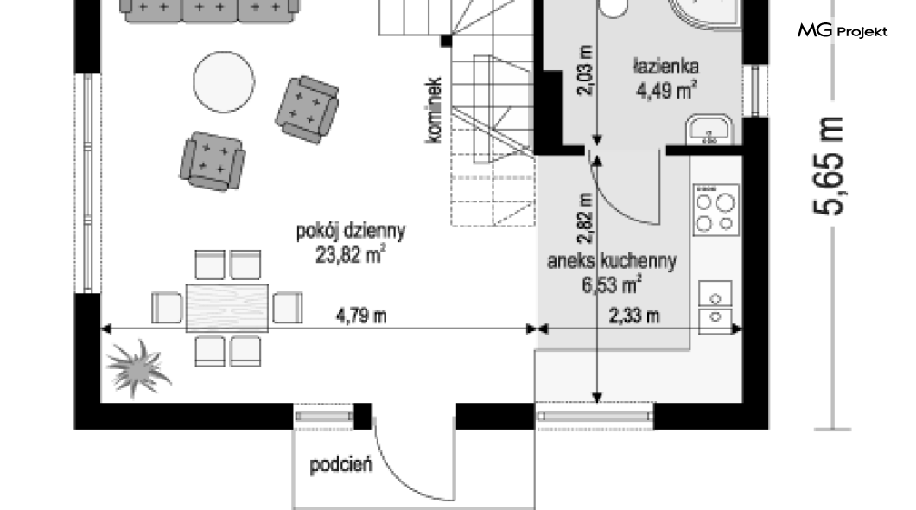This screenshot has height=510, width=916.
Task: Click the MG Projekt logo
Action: pos(843,30)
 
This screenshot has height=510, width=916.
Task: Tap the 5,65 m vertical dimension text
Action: pos(829,166)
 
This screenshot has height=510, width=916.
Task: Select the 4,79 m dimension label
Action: pos(361,316)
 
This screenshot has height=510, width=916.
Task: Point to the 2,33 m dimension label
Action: pos(634,316)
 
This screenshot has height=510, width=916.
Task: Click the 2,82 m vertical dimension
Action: pos(585,218)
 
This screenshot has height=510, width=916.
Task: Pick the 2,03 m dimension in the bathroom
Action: pos(585,70)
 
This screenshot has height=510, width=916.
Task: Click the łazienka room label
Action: pos(665,66)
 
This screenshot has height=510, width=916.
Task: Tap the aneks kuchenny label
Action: pos(612,260)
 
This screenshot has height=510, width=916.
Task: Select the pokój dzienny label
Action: pos(351,231)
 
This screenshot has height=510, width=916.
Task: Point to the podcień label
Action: pos(340,465)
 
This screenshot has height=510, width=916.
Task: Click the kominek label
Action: pos(434,111)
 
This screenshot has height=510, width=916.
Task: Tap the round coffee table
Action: pos(224,82)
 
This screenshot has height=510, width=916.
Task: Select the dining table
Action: pos(227,308)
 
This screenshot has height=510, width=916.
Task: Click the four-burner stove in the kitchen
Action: pos(716,210)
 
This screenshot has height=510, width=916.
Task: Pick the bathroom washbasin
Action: pos(709,130)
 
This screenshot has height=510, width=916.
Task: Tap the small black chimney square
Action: pos(446,41)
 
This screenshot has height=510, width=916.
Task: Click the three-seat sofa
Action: pos(210,11)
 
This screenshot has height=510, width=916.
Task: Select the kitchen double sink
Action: pos(716,308)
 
